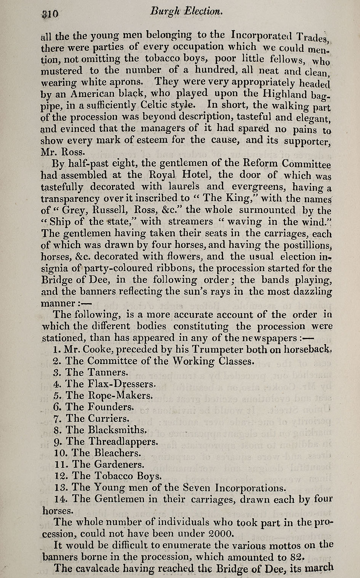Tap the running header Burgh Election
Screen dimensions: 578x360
point(186,12)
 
